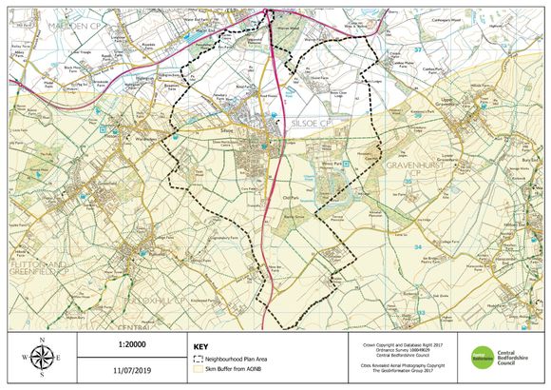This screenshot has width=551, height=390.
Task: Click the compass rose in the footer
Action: (42, 358)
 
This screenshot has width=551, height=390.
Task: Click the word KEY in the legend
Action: (200, 347)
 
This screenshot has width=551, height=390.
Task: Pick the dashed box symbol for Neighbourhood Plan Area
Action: (198, 361)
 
